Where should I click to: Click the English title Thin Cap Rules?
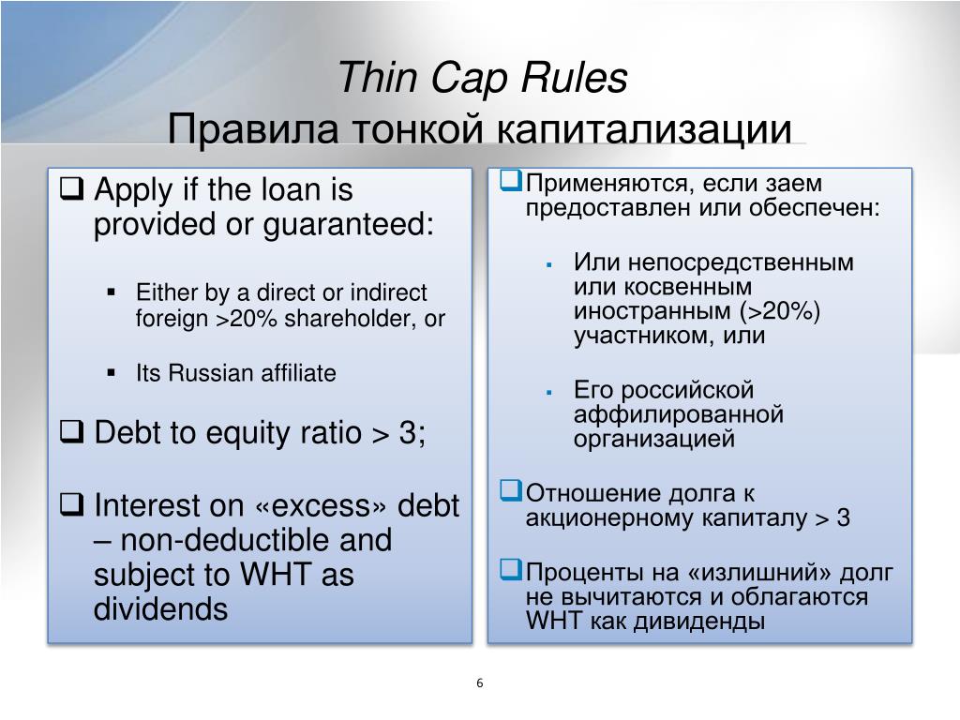tap(482, 78)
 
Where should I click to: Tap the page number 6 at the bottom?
tap(479, 682)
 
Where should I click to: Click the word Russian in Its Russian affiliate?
tap(212, 373)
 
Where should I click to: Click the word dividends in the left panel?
tap(160, 609)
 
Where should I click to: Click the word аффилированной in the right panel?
tap(679, 414)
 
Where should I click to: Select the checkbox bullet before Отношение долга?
tap(510, 490)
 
